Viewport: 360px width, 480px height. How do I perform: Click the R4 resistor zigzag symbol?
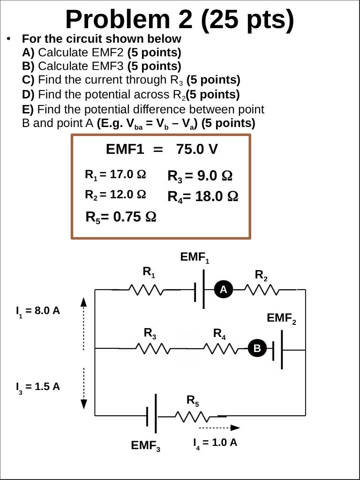(x=220, y=349)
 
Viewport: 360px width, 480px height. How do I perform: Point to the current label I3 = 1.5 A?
(x=37, y=387)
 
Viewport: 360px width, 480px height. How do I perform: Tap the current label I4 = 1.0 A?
(x=215, y=443)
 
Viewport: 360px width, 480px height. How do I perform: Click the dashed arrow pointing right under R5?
(x=219, y=427)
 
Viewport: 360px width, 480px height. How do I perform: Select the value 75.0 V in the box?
(x=197, y=150)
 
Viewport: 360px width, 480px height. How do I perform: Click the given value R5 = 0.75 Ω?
(x=120, y=217)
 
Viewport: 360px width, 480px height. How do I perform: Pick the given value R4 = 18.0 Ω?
(x=203, y=196)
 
